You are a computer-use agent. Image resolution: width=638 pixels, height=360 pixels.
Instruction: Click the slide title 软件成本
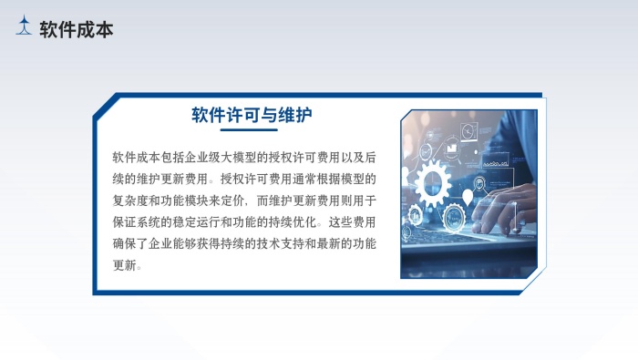(x=77, y=30)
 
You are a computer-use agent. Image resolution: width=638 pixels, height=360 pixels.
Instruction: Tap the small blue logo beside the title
(x=25, y=27)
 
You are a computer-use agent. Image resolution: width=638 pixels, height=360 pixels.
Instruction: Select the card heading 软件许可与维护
(x=252, y=115)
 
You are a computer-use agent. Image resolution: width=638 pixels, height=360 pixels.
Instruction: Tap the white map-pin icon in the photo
(x=468, y=195)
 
